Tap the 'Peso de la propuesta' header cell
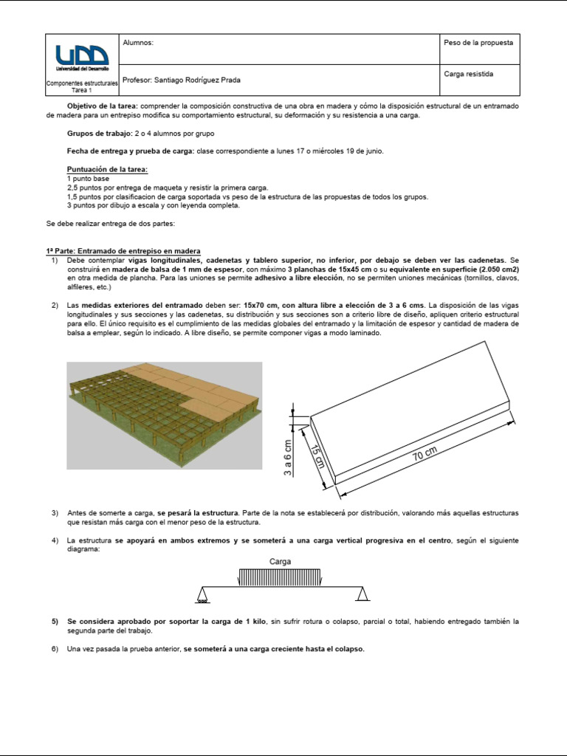click(x=478, y=43)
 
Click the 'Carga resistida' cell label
click(x=469, y=74)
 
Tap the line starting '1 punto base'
click(x=89, y=179)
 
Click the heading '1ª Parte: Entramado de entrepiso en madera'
click(x=123, y=252)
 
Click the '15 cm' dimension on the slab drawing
click(x=317, y=456)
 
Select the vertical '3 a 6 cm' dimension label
click(x=288, y=458)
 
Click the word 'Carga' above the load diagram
click(x=280, y=561)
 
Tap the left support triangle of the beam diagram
click(x=202, y=594)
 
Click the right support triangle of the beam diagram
click(x=362, y=594)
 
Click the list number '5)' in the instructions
click(x=55, y=622)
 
